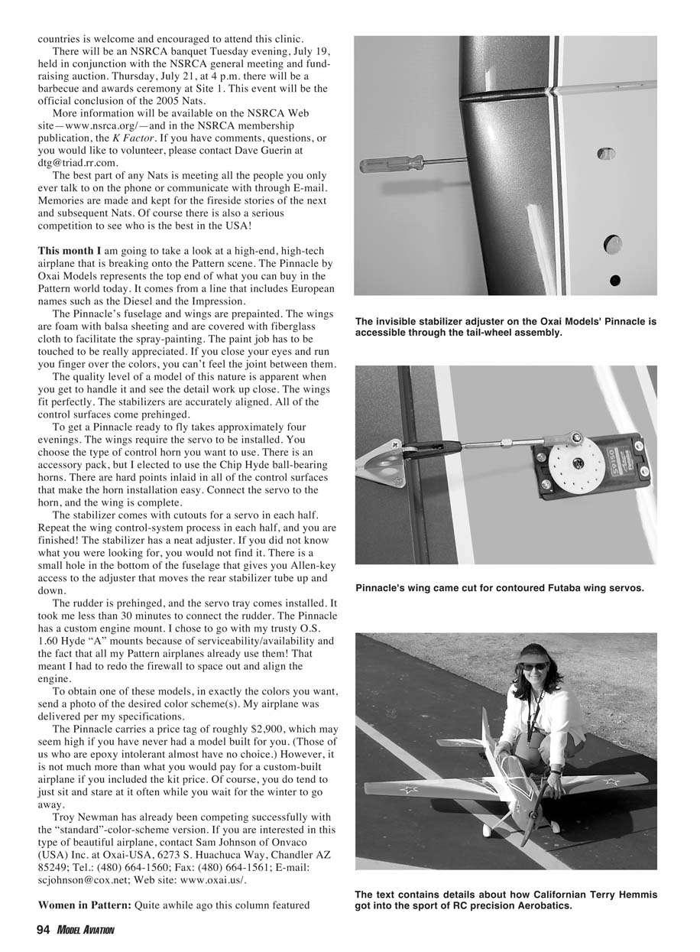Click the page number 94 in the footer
[x=44, y=930]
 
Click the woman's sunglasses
[x=534, y=667]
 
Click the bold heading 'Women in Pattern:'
[x=85, y=905]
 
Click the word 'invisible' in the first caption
[x=400, y=322]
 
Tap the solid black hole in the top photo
[x=615, y=281]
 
